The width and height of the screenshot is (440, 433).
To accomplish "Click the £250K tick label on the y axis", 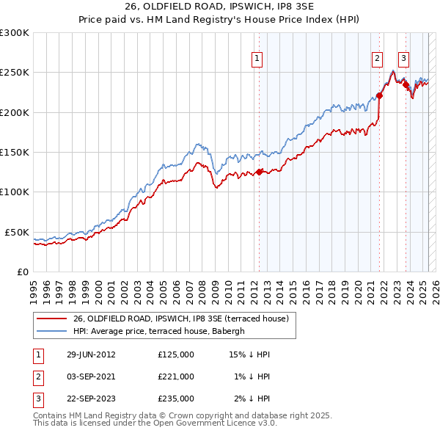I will point(15,73).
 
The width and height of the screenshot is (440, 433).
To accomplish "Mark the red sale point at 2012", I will point(259,172).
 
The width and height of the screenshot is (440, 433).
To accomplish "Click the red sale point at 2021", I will point(380,95).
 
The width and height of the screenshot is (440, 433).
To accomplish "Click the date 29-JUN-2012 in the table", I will point(90,354).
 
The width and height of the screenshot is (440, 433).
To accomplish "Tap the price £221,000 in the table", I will point(176,376).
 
